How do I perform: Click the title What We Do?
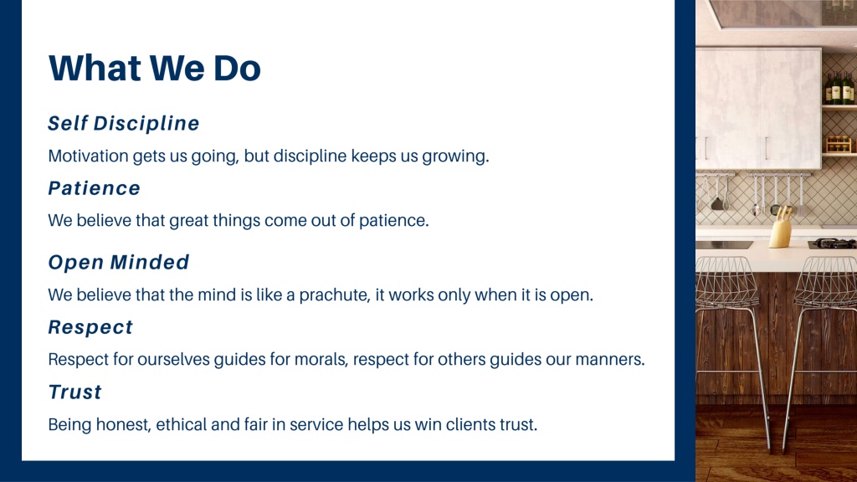(155, 68)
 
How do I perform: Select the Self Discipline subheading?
(124, 124)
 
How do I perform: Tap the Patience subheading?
(94, 188)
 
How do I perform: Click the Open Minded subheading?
(119, 262)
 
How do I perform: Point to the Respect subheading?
(90, 327)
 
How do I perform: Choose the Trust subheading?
(74, 392)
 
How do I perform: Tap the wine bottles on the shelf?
(839, 88)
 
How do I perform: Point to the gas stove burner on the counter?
(833, 243)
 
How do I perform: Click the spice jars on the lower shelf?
(839, 144)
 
